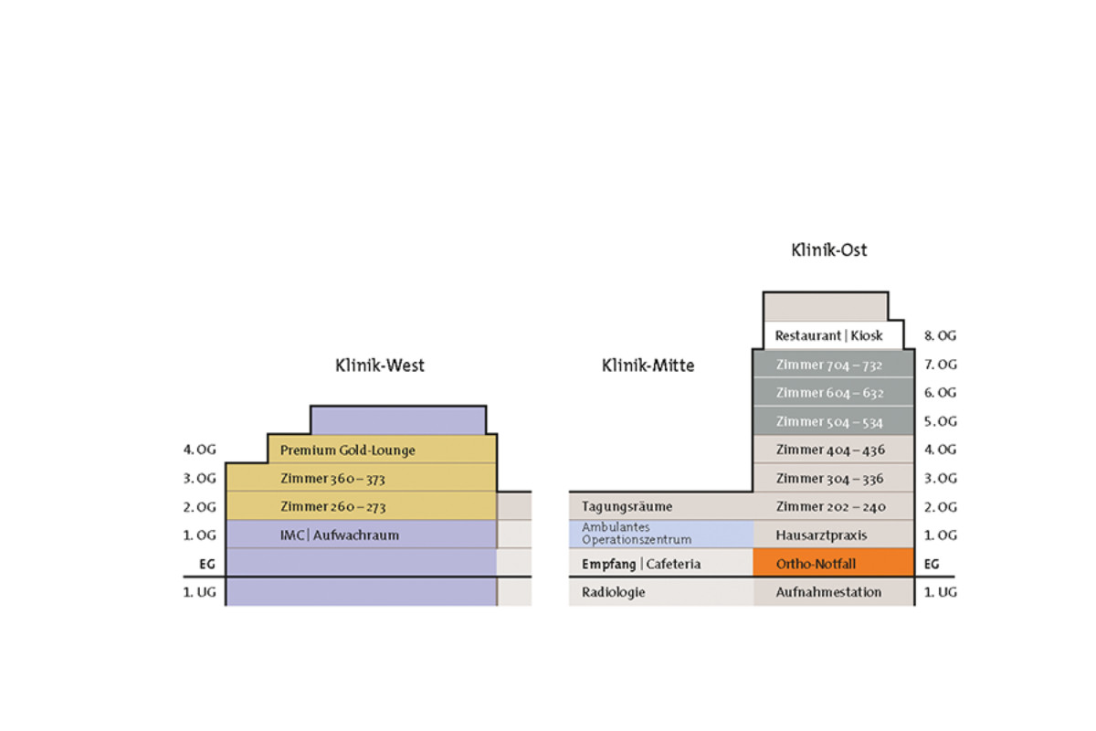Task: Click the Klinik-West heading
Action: (380, 366)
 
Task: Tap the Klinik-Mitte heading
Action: (648, 366)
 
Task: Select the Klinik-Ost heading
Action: (828, 249)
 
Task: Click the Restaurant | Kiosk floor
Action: (828, 335)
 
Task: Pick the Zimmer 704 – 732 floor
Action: (832, 365)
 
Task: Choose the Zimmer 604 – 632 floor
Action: (832, 393)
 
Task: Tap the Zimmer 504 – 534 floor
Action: (832, 421)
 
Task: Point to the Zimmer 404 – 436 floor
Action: (832, 450)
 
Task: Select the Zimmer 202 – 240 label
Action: (830, 506)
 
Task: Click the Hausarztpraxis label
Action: (821, 535)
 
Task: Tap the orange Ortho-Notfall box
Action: (832, 563)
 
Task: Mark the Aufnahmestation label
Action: (828, 592)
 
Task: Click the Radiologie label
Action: (614, 592)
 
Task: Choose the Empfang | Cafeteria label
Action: (641, 564)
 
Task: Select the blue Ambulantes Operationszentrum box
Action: (661, 534)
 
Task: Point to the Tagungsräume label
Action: (627, 506)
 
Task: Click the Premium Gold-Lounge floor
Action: (348, 450)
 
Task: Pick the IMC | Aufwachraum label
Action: (340, 535)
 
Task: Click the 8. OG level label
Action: (941, 335)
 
